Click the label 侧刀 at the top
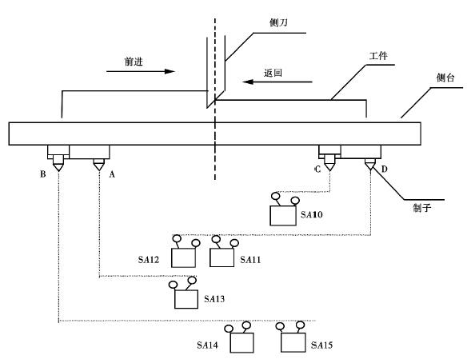point(278,22)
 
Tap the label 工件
point(378,56)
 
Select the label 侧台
point(445,78)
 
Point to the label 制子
point(422,208)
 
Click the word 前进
point(134,62)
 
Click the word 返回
point(273,73)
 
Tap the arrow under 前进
point(141,71)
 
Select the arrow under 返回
point(277,82)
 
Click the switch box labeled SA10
point(283,216)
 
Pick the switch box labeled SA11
point(222,257)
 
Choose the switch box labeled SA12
point(183,257)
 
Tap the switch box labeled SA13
point(186,299)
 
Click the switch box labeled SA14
point(241,343)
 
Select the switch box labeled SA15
point(293,342)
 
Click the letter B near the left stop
point(43,174)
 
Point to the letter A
point(112,174)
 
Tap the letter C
point(317,170)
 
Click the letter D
point(384,169)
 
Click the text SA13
point(214,299)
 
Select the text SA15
point(321,345)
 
